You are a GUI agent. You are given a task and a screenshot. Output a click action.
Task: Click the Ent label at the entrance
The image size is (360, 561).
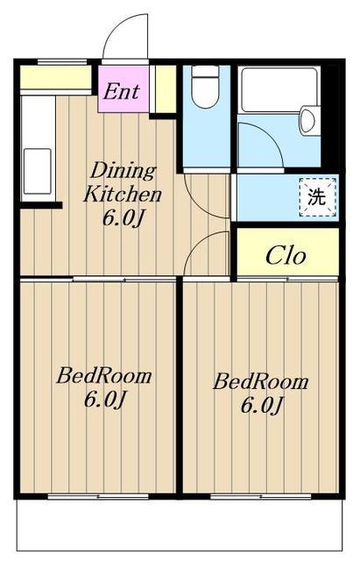[122, 91]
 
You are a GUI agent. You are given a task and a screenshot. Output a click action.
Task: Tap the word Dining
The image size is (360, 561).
[123, 172]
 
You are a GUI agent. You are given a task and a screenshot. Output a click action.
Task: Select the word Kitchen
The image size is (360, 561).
[123, 195]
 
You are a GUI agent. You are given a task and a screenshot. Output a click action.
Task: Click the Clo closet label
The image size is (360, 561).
[286, 255]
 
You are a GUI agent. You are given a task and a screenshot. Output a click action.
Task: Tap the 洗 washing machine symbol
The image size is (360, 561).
[317, 196]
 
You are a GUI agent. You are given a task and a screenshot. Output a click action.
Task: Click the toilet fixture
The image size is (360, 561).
[205, 88]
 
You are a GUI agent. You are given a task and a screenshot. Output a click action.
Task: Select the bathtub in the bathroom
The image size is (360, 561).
[279, 89]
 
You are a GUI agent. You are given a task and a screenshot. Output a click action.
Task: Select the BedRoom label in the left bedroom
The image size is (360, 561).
[103, 376]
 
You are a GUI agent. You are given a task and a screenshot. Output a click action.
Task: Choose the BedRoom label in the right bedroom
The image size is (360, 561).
[261, 382]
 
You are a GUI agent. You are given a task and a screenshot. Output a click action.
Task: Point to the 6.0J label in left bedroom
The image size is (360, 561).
[105, 400]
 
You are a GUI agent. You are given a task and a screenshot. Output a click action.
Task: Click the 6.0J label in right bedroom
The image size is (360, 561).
[262, 405]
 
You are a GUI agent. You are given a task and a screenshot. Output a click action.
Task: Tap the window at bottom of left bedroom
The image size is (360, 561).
[98, 496]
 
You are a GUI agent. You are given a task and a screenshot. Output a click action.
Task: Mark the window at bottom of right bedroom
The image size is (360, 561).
[261, 496]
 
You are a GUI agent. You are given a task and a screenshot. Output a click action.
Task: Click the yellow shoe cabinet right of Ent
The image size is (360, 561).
[166, 89]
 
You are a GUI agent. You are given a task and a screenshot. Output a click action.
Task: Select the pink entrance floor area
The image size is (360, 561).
[124, 89]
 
